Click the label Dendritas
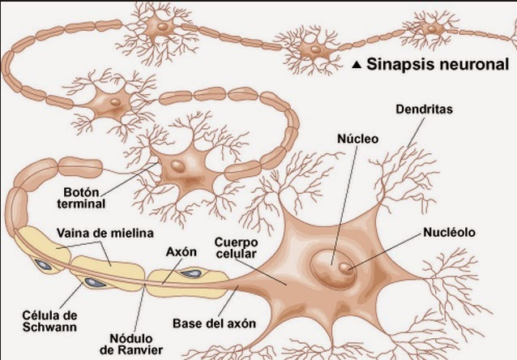pyautogui.click(x=425, y=107)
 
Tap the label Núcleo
pyautogui.click(x=358, y=139)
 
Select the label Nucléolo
pyautogui.click(x=449, y=233)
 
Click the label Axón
pyautogui.click(x=182, y=251)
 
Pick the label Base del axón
pyautogui.click(x=215, y=324)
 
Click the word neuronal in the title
pyautogui.click(x=472, y=64)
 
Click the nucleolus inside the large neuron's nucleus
pyautogui.click(x=346, y=266)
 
